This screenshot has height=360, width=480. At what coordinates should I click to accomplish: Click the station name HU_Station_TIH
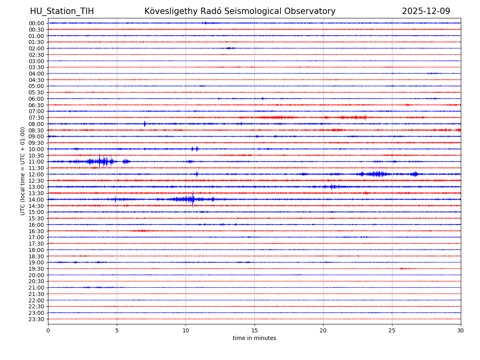pyautogui.click(x=62, y=11)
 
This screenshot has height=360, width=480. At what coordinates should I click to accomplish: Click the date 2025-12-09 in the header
pyautogui.click(x=426, y=11)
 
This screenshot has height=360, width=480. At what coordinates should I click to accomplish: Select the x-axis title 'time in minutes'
pyautogui.click(x=254, y=338)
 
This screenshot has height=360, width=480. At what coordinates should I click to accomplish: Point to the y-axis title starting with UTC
pyautogui.click(x=23, y=171)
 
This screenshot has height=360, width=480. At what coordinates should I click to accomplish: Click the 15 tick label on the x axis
pyautogui.click(x=254, y=330)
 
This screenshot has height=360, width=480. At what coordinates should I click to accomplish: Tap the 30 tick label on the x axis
pyautogui.click(x=461, y=330)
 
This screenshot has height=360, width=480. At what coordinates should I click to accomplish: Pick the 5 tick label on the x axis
pyautogui.click(x=117, y=330)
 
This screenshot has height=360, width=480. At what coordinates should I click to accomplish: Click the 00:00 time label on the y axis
pyautogui.click(x=36, y=23)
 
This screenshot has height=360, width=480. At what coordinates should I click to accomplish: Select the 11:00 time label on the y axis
pyautogui.click(x=36, y=162)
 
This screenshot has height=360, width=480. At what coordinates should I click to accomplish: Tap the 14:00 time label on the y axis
pyautogui.click(x=36, y=200)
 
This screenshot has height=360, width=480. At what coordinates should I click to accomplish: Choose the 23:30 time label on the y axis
pyautogui.click(x=36, y=319)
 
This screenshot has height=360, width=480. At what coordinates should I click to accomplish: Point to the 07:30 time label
pyautogui.click(x=36, y=118)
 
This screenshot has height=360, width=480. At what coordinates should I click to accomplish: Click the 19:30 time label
pyautogui.click(x=36, y=269)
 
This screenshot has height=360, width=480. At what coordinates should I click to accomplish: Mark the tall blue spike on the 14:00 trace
pyautogui.click(x=193, y=199)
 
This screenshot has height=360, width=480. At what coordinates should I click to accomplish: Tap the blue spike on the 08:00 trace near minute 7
pyautogui.click(x=144, y=124)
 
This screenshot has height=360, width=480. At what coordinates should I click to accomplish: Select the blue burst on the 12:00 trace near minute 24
pyautogui.click(x=376, y=174)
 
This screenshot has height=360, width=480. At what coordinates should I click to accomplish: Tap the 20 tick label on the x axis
pyautogui.click(x=323, y=330)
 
